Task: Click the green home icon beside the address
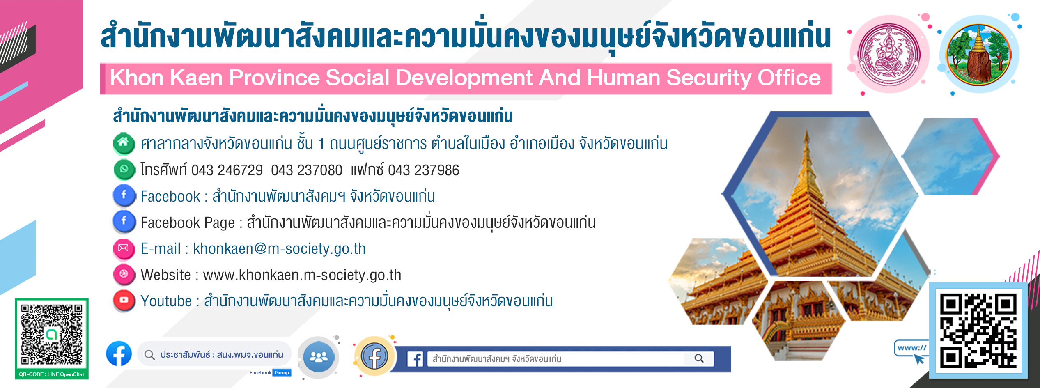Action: pyautogui.click(x=124, y=144)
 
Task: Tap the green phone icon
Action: pyautogui.click(x=124, y=170)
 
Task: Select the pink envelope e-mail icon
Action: pyautogui.click(x=124, y=248)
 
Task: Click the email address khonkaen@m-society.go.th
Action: pyautogui.click(x=279, y=249)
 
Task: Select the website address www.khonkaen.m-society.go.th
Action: pyautogui.click(x=302, y=275)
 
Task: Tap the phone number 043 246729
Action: pyautogui.click(x=227, y=170)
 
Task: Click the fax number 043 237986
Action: pyautogui.click(x=423, y=170)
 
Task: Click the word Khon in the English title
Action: pyautogui.click(x=137, y=78)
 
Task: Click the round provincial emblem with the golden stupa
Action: pyautogui.click(x=979, y=54)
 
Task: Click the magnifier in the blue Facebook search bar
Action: pyautogui.click(x=699, y=358)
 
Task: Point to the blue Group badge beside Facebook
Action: pyautogui.click(x=282, y=373)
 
